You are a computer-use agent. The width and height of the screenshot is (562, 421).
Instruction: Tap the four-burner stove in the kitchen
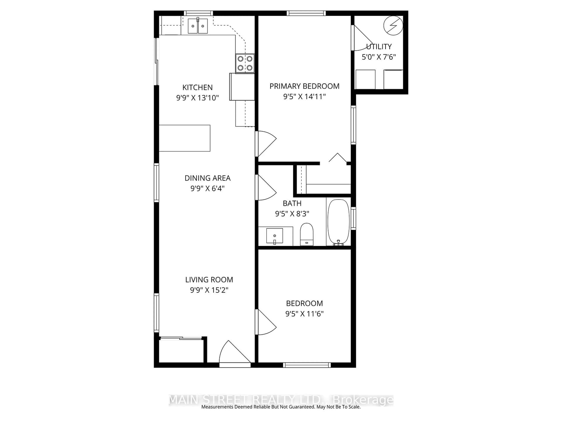coord(245,63)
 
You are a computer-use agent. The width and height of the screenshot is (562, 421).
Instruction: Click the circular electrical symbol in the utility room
coord(393,25)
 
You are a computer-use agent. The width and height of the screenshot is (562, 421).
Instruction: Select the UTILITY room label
coord(379,47)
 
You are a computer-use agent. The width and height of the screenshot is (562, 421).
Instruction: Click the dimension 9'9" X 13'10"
coord(197,98)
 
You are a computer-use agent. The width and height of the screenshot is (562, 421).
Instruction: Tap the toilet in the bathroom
coord(307,234)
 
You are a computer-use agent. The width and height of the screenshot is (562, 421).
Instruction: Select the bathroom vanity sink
coord(274,236)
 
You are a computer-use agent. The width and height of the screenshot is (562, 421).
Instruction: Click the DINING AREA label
coord(207,178)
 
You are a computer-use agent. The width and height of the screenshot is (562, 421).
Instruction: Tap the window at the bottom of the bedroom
coord(307,365)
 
